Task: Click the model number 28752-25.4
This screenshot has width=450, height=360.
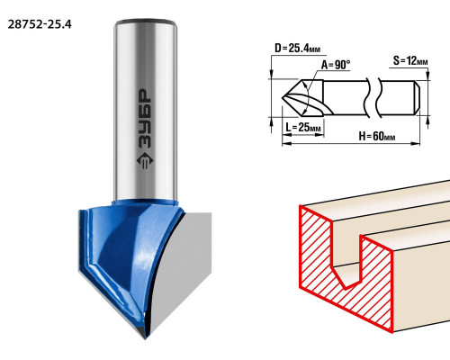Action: pyautogui.click(x=40, y=24)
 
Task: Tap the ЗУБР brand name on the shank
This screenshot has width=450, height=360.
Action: pyautogui.click(x=146, y=119)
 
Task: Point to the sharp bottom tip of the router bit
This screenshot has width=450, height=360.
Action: pyautogui.click(x=145, y=338)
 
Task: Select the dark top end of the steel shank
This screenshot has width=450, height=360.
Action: pyautogui.click(x=145, y=22)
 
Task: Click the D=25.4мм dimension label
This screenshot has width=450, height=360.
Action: pyautogui.click(x=297, y=48)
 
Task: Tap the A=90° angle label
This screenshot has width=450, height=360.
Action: pyautogui.click(x=336, y=65)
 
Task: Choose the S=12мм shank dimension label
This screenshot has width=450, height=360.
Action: pyautogui.click(x=410, y=61)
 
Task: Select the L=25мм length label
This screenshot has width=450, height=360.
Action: pyautogui.click(x=303, y=128)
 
